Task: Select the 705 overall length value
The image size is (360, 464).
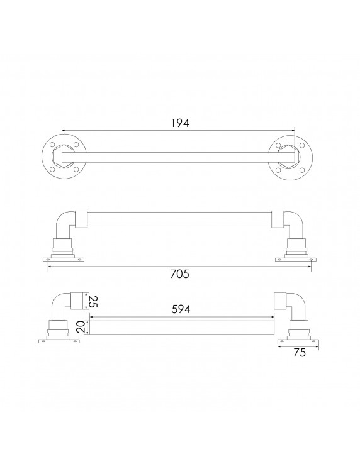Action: point(179,274)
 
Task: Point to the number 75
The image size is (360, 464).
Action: point(299,353)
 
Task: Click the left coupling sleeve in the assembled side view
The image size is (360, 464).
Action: point(81,218)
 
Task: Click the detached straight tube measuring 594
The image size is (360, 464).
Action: point(181,326)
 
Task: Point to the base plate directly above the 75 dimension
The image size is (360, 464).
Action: point(299,341)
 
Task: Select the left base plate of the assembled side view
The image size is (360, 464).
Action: point(63,259)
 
